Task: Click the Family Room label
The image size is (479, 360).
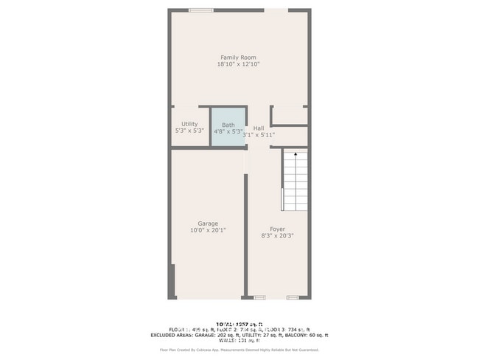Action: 238,58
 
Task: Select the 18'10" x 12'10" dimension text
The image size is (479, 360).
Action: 238,65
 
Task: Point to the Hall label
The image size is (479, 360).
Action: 259,128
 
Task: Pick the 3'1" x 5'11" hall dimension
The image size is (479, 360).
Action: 259,135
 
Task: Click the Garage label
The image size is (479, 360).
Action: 207,223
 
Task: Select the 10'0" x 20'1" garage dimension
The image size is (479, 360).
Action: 207,230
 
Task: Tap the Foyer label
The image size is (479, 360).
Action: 277,229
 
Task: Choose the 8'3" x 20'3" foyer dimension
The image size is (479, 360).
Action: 277,236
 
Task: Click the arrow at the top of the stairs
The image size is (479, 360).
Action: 295,155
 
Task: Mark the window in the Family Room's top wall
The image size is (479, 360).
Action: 200,10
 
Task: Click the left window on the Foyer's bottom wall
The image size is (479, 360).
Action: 259,297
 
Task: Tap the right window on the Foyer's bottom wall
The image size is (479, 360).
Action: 293,297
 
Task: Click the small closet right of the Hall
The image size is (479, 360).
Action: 290,116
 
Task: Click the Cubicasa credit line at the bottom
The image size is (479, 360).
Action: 239,349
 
